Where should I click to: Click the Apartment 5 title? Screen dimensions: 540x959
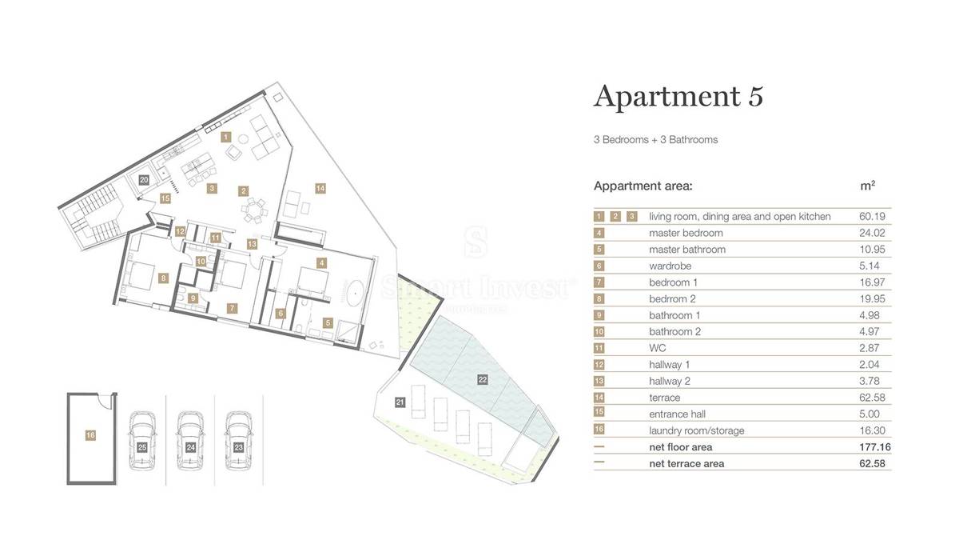click(678, 96)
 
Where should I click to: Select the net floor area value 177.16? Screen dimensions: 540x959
click(872, 447)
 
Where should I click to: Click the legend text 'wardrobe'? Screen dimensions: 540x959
click(670, 266)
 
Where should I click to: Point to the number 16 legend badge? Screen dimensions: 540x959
click(599, 430)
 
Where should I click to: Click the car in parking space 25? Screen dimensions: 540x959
click(142, 433)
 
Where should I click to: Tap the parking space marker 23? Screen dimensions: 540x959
click(238, 448)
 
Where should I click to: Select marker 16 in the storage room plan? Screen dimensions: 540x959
click(90, 434)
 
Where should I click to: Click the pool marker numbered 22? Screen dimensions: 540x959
click(482, 379)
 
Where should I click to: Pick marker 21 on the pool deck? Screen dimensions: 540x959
click(400, 402)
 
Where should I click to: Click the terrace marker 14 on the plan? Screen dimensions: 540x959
click(320, 188)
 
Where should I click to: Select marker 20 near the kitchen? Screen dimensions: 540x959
click(144, 180)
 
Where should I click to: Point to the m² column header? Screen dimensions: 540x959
click(867, 186)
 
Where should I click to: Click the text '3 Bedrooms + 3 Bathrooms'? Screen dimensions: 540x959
click(655, 140)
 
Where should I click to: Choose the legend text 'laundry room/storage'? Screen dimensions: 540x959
click(696, 430)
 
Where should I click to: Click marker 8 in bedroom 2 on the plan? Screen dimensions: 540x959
click(163, 278)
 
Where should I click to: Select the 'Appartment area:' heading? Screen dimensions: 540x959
click(643, 186)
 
